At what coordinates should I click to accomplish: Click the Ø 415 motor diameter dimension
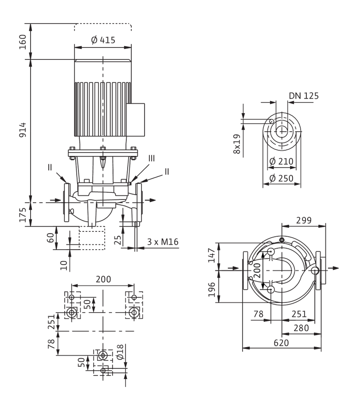coord(103,40)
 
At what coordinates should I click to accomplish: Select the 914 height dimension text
coord(23,130)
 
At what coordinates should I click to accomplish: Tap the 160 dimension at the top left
coord(23,42)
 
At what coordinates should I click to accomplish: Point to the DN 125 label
coord(304,96)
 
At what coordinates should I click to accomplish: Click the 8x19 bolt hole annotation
coord(237,144)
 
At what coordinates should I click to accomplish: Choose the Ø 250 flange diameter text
coord(281,178)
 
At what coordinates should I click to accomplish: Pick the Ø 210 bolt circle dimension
coord(281,161)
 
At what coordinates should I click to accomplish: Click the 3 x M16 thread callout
coord(163,242)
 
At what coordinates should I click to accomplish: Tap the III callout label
coord(151,158)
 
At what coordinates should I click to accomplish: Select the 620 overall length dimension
coord(282,343)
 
